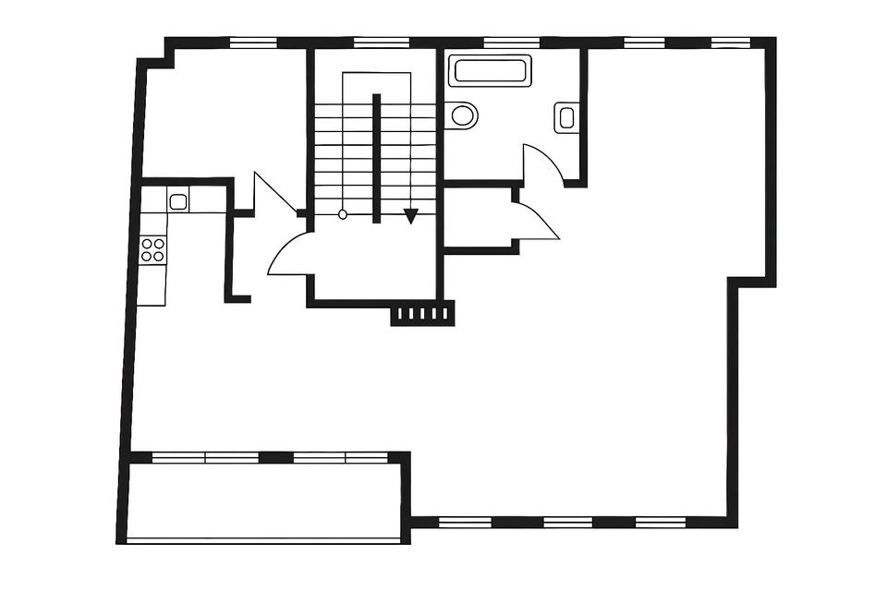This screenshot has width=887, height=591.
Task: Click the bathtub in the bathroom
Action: [489, 71]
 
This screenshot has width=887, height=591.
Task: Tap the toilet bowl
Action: [463, 115]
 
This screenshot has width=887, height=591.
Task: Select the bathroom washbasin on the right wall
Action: [566, 117]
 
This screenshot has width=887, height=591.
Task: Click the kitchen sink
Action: [178, 199]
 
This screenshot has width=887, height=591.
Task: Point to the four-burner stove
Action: [152, 249]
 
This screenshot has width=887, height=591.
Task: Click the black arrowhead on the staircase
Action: [410, 216]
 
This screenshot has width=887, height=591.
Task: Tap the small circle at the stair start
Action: [343, 214]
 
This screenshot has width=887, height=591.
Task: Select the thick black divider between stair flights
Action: [376, 158]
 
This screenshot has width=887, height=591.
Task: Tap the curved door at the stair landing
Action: [289, 254]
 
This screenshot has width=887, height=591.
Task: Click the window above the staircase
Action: [375, 42]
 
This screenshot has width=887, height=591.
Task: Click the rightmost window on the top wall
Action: [730, 42]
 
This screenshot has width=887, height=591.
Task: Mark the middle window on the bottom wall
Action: [567, 522]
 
